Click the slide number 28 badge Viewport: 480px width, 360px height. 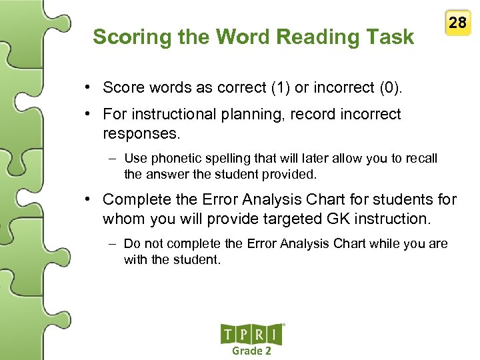click(457, 23)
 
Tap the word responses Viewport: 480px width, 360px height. click(141, 133)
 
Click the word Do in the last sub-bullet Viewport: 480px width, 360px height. click(131, 244)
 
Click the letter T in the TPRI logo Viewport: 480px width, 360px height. click(229, 335)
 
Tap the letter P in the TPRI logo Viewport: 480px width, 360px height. click(245, 335)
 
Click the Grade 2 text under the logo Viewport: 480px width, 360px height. click(251, 351)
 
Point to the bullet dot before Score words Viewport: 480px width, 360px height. click(88, 87)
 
